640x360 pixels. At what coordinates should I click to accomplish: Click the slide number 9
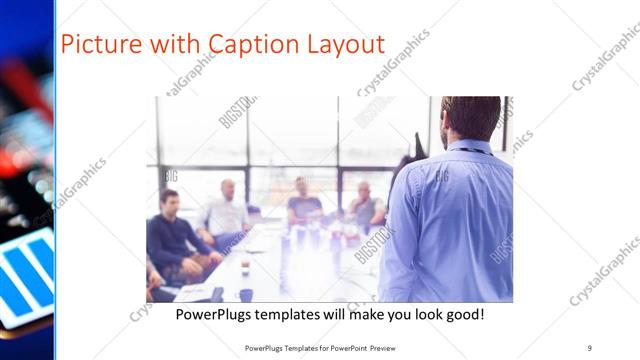tap(589, 347)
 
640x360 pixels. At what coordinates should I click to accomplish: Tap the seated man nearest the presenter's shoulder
tap(364, 205)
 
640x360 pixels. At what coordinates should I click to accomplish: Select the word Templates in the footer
tap(299, 347)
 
